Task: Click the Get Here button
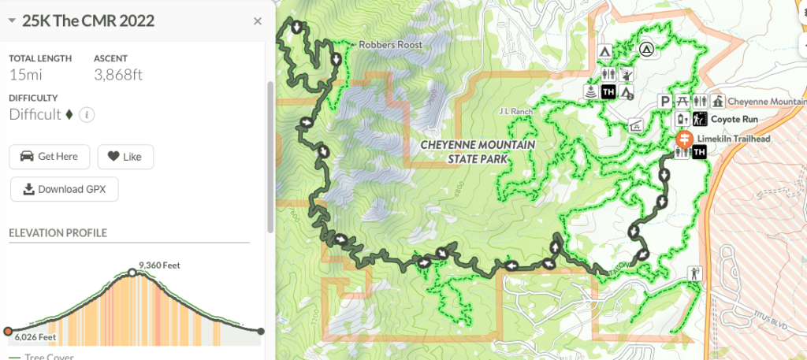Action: coord(49,156)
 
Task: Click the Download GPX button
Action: coord(64,189)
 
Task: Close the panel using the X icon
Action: coord(257,21)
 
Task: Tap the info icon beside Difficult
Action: coord(87,115)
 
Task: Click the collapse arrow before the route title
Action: coord(12,21)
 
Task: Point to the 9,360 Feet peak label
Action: coord(159,265)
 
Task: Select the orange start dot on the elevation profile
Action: coord(8,331)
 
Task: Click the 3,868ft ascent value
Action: coord(118,75)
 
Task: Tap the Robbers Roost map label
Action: coord(390,45)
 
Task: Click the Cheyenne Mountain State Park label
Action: coord(478,151)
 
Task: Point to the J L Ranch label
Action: coord(516,112)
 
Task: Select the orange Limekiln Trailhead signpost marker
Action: coord(683,139)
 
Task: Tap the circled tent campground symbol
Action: coord(646,49)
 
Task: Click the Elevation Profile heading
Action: coord(58,233)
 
